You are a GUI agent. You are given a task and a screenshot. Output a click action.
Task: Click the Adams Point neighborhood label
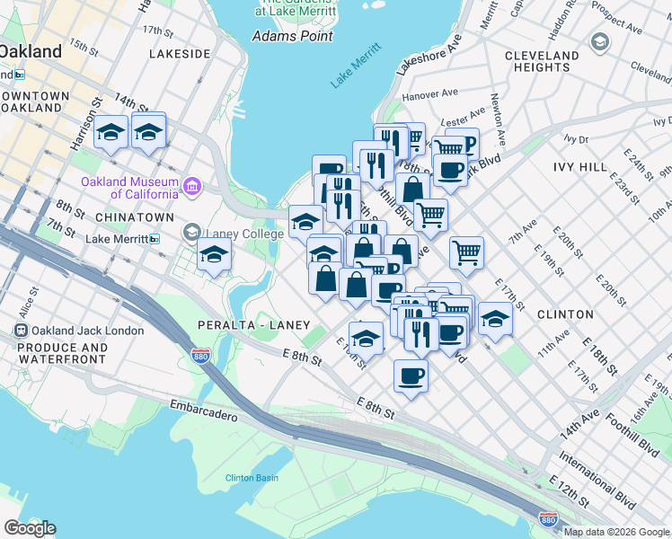tap(292, 36)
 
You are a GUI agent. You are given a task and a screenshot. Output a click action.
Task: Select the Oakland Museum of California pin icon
tap(190, 187)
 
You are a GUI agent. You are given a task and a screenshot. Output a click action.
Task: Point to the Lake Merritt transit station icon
tap(155, 239)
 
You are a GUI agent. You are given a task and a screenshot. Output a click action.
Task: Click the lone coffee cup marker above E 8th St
tap(411, 375)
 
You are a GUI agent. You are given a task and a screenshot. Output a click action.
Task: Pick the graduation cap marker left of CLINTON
tap(494, 317)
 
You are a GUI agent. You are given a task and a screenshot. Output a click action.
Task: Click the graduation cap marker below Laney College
tap(214, 256)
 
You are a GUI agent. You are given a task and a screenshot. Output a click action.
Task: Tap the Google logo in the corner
tap(30, 528)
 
